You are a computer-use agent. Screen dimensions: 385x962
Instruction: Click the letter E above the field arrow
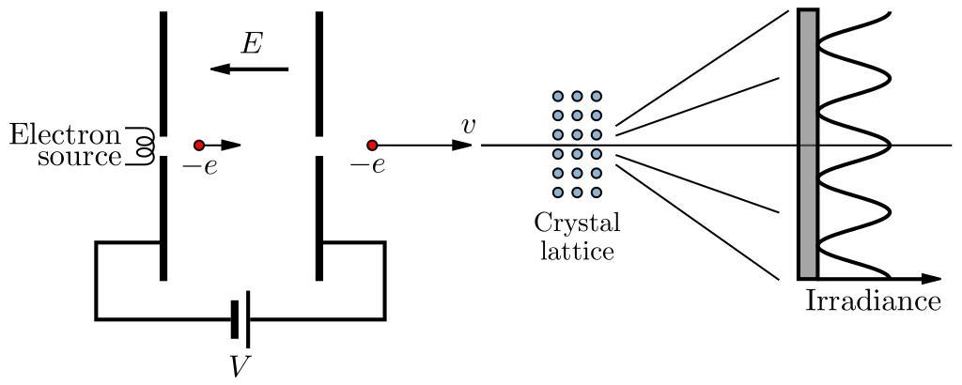[x=251, y=43]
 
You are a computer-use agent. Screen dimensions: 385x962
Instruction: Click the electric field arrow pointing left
[x=249, y=69]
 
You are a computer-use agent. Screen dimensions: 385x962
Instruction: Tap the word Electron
[x=66, y=134]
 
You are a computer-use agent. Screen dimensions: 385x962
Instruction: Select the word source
[x=80, y=156]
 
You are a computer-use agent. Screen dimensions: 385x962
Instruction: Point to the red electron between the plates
[x=199, y=145]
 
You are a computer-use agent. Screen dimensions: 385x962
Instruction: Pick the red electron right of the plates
[x=372, y=145]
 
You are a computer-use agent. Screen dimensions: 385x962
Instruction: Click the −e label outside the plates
[x=367, y=167]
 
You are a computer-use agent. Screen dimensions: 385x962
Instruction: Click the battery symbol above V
[x=240, y=319]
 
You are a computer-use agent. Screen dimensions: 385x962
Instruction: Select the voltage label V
[x=240, y=365]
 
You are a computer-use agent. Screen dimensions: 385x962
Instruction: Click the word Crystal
[x=577, y=225]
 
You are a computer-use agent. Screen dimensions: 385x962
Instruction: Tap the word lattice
[x=577, y=251]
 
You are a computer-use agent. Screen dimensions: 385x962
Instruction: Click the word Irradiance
[x=873, y=301]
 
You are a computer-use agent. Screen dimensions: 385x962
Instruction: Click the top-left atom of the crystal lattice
[x=557, y=97]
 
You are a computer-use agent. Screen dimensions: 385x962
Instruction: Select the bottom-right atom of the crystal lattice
[x=596, y=192]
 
